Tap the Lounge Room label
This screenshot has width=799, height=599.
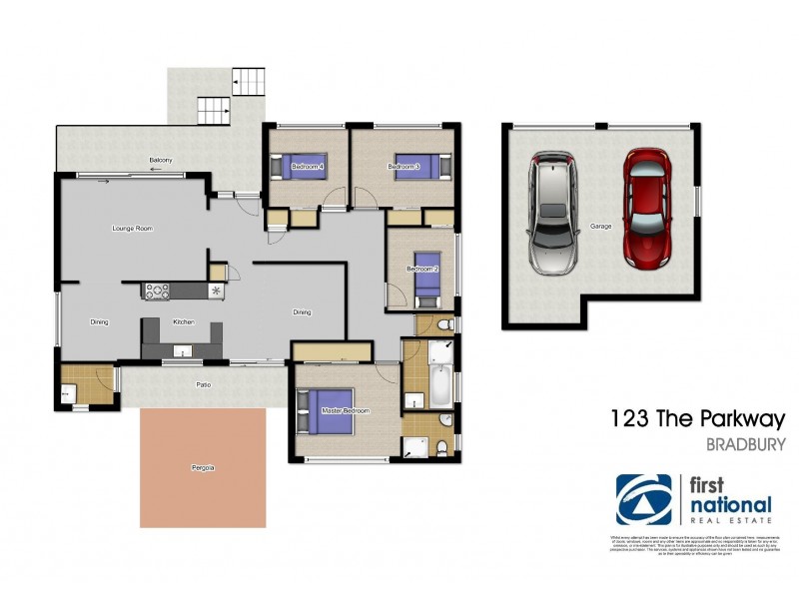click(132, 230)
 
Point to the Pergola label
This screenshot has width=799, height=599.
click(204, 467)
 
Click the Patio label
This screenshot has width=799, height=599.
click(203, 383)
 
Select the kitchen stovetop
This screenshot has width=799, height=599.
click(158, 291)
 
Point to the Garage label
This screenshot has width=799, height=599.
click(600, 227)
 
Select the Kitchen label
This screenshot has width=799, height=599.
click(183, 322)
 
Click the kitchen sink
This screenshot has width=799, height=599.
click(183, 350)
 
